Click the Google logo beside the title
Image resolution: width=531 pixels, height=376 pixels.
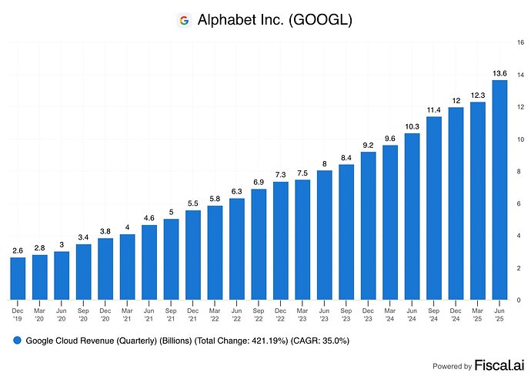(x=184, y=21)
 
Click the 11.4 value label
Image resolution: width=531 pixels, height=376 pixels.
(x=434, y=109)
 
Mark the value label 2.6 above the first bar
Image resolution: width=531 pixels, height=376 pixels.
(x=18, y=250)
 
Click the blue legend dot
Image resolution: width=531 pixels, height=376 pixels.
(x=16, y=340)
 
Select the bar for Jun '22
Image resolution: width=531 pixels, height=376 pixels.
(x=237, y=249)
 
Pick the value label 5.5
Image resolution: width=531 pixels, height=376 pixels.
(x=193, y=203)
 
